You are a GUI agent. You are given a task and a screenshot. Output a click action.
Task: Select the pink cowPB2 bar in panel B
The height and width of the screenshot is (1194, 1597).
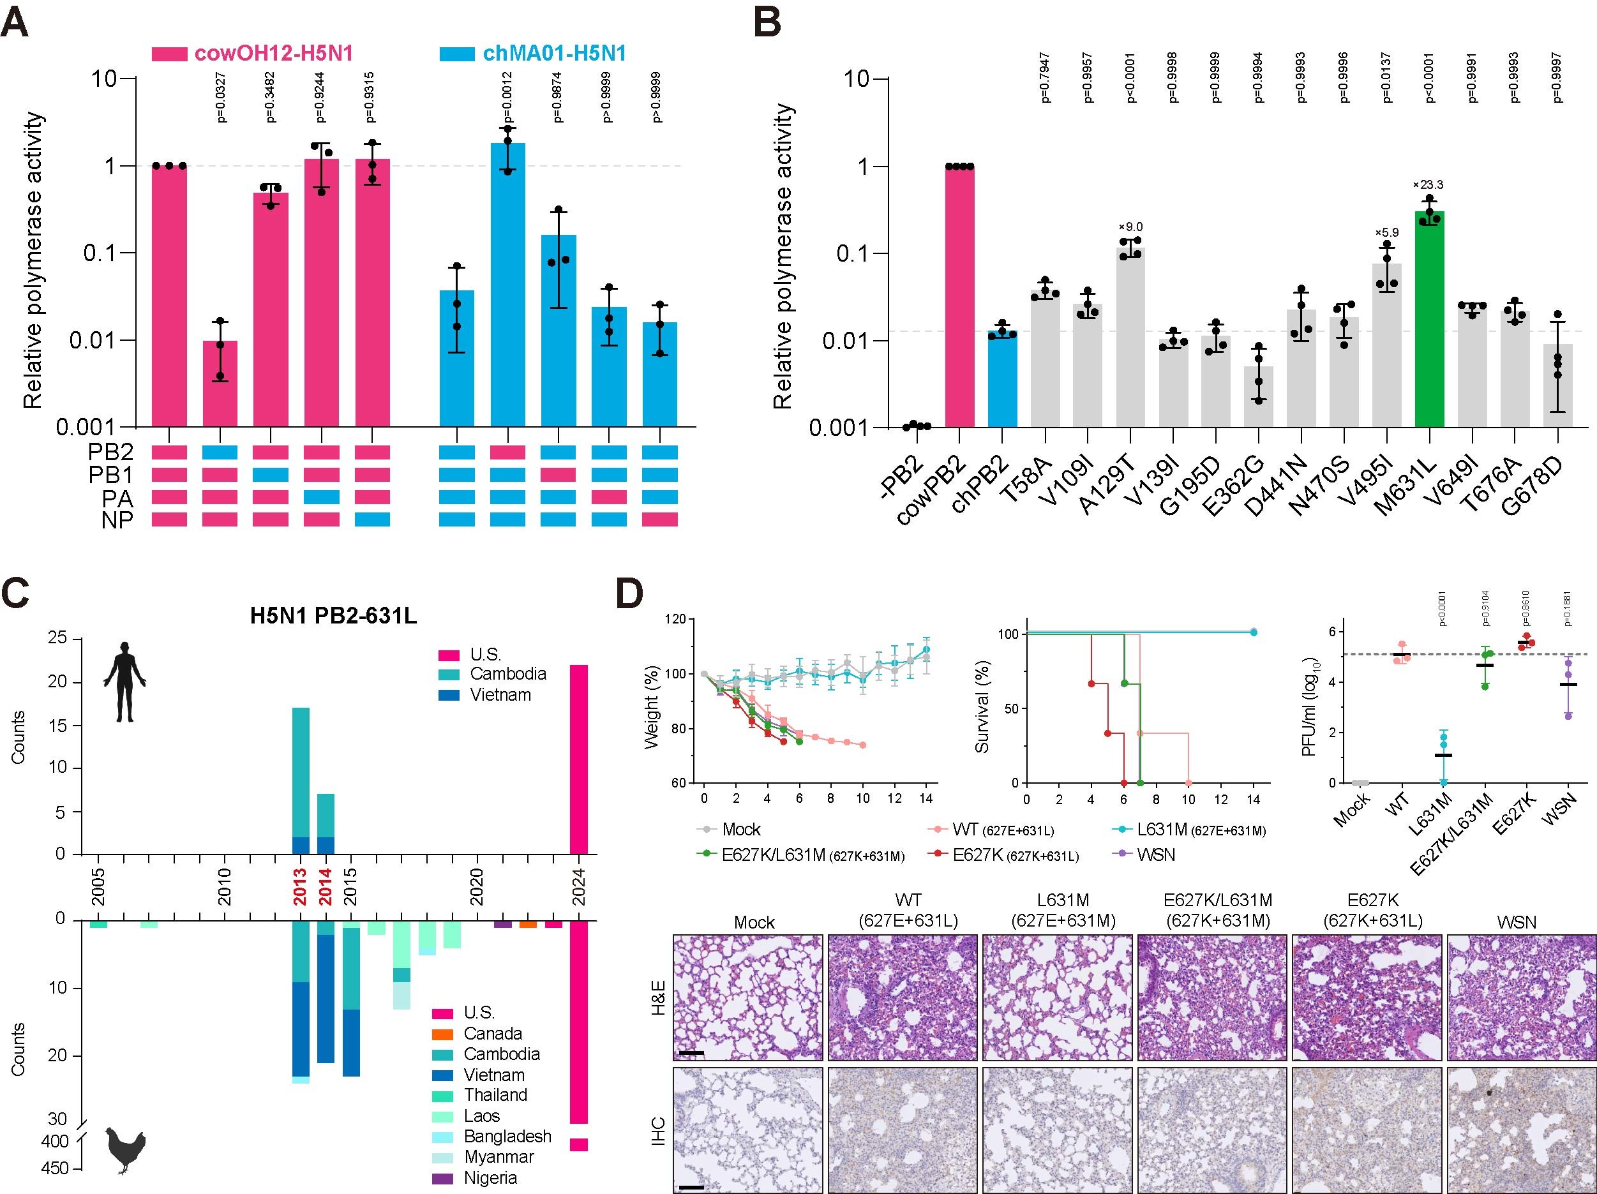coord(959,296)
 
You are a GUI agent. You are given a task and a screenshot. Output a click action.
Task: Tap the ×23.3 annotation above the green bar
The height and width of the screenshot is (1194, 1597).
coord(1428,185)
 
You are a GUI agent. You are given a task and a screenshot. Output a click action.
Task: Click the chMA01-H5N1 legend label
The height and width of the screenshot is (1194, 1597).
coord(554,54)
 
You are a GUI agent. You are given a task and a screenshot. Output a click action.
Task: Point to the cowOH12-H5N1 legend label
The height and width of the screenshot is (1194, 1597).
coord(274,54)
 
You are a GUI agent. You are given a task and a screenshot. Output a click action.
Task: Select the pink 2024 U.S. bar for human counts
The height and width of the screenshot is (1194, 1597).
coord(579,759)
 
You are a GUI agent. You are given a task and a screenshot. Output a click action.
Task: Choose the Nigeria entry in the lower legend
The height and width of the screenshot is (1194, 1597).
coord(490,1178)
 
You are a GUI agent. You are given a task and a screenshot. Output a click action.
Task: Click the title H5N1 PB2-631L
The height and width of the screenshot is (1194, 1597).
coord(334,616)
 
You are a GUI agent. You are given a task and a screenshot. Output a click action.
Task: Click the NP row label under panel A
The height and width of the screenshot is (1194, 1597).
coord(117,519)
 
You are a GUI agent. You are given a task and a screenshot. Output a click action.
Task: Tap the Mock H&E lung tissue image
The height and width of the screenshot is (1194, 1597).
coord(748,997)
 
